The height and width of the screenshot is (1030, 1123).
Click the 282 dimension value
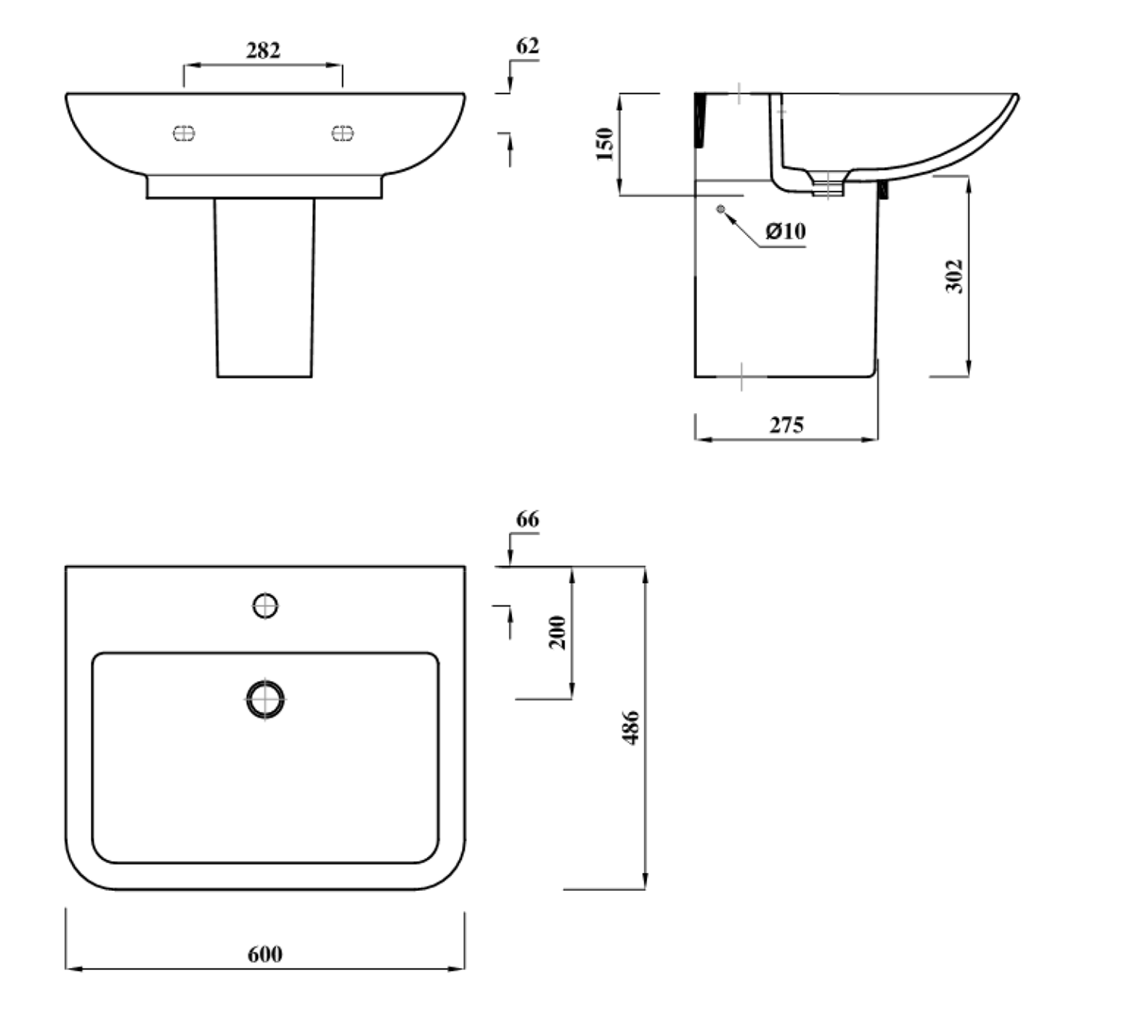click(x=263, y=50)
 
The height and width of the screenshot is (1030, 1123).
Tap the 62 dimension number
click(x=527, y=46)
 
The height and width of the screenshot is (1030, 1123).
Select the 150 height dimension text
click(x=605, y=144)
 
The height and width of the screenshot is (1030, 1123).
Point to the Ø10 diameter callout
click(x=785, y=231)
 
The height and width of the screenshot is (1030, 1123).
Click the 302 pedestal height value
click(x=954, y=276)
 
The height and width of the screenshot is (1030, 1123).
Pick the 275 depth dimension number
click(x=787, y=425)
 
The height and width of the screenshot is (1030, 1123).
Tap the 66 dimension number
click(x=527, y=519)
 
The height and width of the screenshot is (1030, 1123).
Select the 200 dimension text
click(x=558, y=633)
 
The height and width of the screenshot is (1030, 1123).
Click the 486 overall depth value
click(x=631, y=728)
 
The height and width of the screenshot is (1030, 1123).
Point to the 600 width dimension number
click(x=265, y=954)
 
